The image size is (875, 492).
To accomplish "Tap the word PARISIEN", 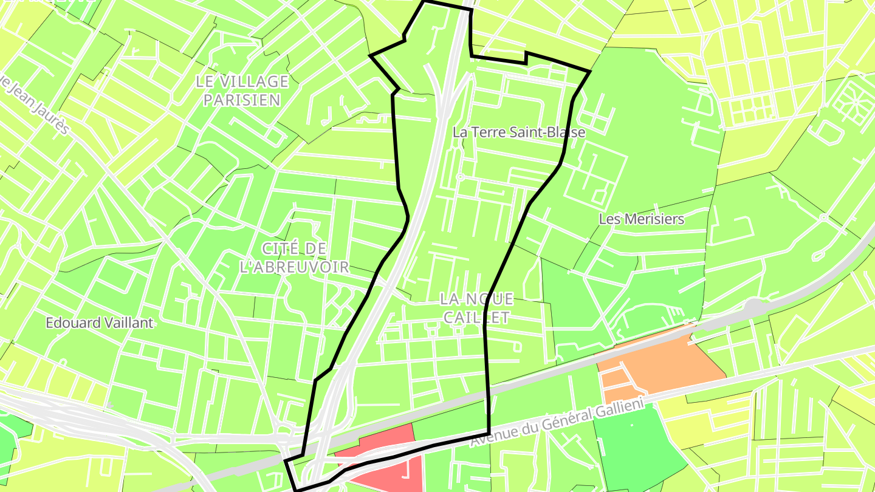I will [242, 100].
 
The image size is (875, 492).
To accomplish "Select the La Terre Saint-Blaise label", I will [519, 132].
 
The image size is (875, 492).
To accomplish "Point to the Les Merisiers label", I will [642, 219].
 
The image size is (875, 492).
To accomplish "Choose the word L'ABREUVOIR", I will [295, 267].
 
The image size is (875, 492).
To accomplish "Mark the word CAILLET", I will [476, 317].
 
